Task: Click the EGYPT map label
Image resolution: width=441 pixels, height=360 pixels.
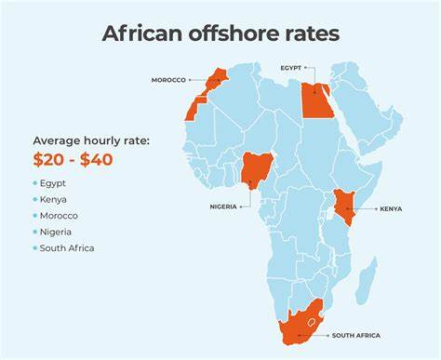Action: coord(293,68)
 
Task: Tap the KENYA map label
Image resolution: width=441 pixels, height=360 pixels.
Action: coord(391,209)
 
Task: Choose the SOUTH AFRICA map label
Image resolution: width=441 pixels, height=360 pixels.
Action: coord(355,335)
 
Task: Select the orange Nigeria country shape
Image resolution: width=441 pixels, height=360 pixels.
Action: coord(255,170)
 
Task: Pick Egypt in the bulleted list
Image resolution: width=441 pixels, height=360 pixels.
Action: coord(54,183)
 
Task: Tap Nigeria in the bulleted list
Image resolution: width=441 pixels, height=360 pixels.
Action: coord(57,232)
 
